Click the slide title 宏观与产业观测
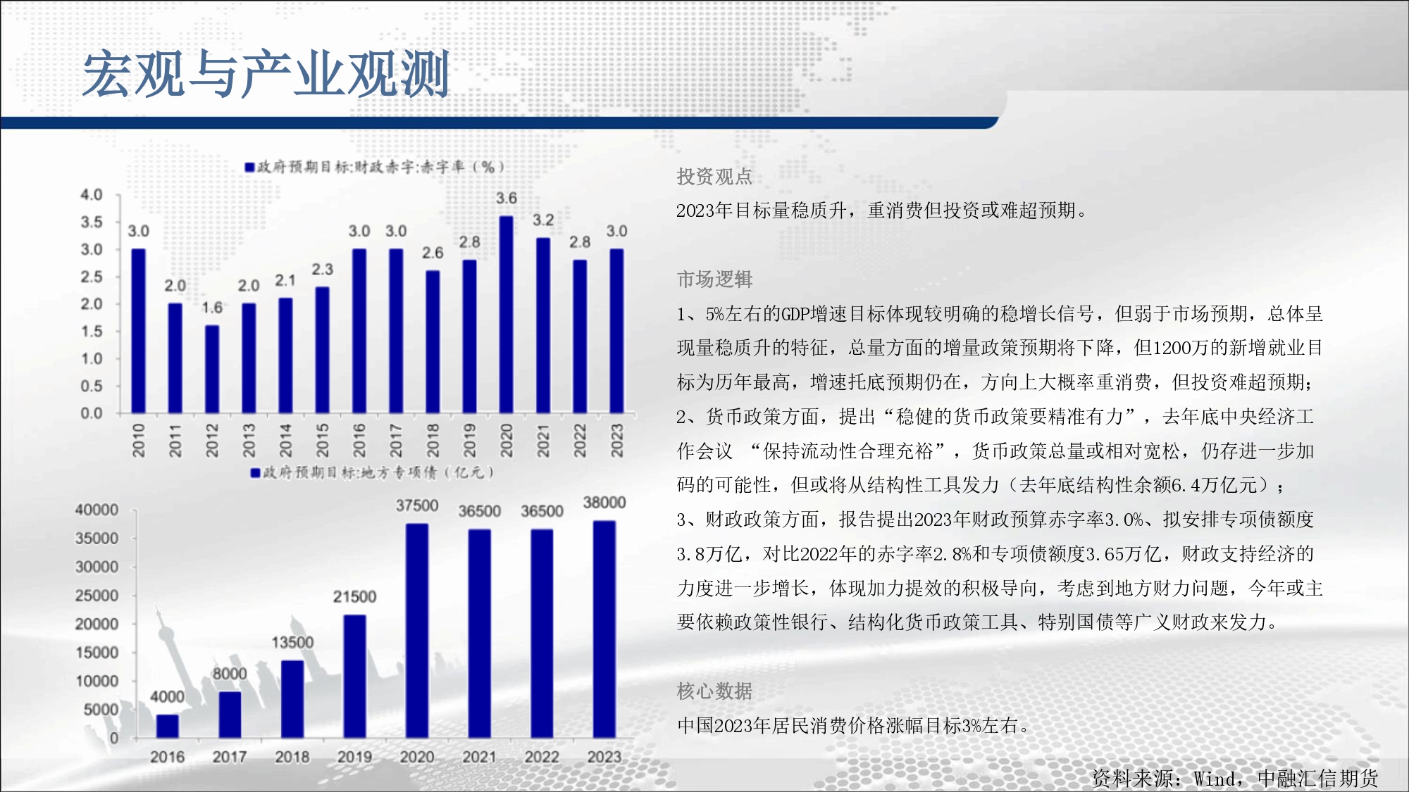point(266,74)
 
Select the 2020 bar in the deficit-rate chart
point(506,315)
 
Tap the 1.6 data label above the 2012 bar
point(212,308)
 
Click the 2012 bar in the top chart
point(212,370)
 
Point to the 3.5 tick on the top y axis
point(92,222)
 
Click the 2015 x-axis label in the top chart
point(322,440)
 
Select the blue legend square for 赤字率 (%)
point(249,168)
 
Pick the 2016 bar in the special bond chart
point(167,727)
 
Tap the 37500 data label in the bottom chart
point(417,505)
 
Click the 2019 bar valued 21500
point(354,677)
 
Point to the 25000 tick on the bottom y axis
point(97,596)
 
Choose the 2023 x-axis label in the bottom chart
point(604,757)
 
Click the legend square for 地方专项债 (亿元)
point(256,473)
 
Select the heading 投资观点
point(714,176)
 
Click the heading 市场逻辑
point(714,279)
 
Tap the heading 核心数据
point(714,691)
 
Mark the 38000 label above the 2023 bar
point(604,503)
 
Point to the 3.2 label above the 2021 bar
point(543,220)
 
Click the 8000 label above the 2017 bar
point(230,674)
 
